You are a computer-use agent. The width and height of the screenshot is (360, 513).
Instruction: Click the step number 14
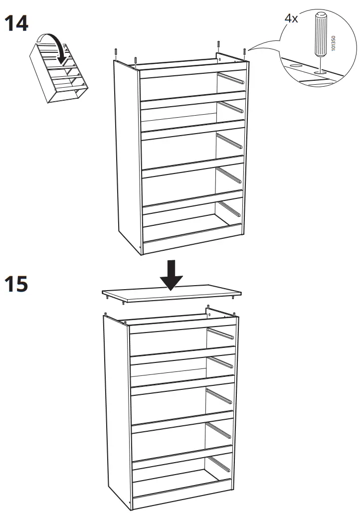pyautogui.click(x=16, y=23)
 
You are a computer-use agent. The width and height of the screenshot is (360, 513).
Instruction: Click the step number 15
pyautogui.click(x=16, y=284)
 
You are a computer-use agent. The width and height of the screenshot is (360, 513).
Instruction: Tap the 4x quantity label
pyautogui.click(x=291, y=18)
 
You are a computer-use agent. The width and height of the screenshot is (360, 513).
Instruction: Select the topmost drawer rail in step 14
pyautogui.click(x=230, y=78)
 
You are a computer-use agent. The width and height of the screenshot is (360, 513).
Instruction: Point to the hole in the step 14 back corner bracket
pyautogui.click(x=220, y=58)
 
